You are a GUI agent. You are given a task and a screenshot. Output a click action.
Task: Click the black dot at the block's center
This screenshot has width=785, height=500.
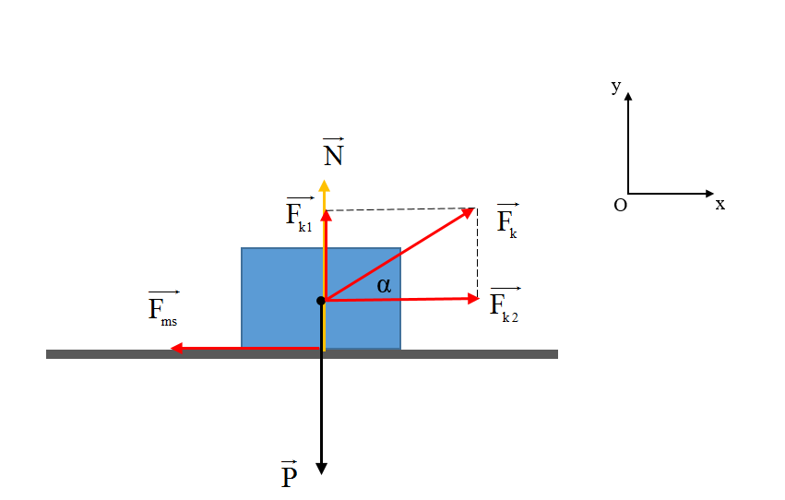pyautogui.click(x=321, y=301)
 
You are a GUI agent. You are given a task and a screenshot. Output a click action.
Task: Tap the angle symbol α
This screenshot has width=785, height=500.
pyautogui.click(x=384, y=285)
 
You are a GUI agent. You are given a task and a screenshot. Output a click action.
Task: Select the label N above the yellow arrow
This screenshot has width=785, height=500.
pyautogui.click(x=333, y=151)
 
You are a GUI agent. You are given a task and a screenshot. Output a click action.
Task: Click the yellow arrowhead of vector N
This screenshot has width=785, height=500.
pyautogui.click(x=325, y=185)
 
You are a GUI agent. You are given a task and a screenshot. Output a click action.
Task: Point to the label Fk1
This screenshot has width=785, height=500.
pyautogui.click(x=300, y=215)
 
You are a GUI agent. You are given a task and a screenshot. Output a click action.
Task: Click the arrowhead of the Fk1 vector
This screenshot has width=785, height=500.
pyautogui.click(x=327, y=216)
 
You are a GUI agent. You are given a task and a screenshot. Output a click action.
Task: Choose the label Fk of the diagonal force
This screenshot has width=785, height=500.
pyautogui.click(x=507, y=220)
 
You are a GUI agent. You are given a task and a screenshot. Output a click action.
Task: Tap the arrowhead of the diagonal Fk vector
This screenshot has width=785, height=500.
pyautogui.click(x=468, y=213)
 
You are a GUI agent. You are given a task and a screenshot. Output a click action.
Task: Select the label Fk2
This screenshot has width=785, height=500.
pyautogui.click(x=505, y=304)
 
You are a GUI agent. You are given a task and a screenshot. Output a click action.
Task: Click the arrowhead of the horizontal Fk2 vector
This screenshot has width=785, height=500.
pyautogui.click(x=473, y=299)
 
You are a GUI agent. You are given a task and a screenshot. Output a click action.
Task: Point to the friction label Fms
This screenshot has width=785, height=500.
pyautogui.click(x=163, y=309)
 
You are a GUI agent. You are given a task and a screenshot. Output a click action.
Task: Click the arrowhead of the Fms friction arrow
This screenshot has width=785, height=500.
pyautogui.click(x=176, y=348)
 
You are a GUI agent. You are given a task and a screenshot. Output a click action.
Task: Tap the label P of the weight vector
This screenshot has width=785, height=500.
pyautogui.click(x=290, y=474)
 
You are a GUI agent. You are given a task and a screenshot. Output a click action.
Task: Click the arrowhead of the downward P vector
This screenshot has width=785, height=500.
pyautogui.click(x=321, y=469)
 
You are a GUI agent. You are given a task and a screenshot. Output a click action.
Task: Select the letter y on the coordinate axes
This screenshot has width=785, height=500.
pyautogui.click(x=616, y=87)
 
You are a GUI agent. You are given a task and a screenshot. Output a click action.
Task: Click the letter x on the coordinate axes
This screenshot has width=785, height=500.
pyautogui.click(x=720, y=204)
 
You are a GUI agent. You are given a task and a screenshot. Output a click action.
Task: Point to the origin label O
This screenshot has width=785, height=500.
pyautogui.click(x=620, y=205)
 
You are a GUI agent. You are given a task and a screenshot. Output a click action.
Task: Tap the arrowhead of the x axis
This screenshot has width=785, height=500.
pyautogui.click(x=710, y=193)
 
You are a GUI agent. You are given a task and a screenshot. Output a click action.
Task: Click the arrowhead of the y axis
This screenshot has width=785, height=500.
pyautogui.click(x=628, y=96)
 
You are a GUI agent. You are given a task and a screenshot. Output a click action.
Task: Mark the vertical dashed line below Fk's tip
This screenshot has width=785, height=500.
pyautogui.click(x=477, y=254)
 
